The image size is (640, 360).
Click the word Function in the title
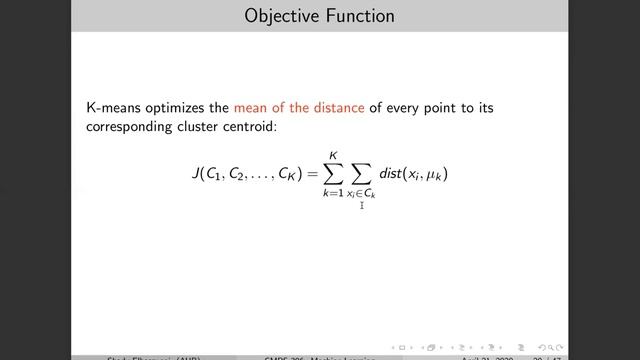tap(356, 16)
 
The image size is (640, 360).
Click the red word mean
tap(252, 108)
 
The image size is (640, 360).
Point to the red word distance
tap(340, 108)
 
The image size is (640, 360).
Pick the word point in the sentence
tap(449, 108)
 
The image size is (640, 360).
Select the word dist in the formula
tap(396, 174)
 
